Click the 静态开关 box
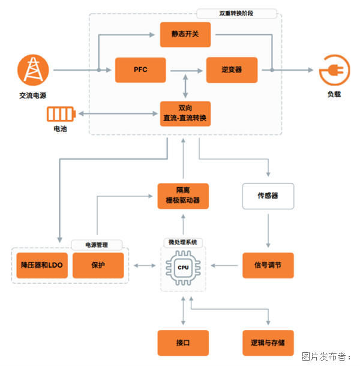pos(185,34)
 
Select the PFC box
pos(140,70)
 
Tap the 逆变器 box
pos(231,70)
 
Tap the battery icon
pos(61,113)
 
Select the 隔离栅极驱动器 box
pos(183,196)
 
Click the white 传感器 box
pos(268,196)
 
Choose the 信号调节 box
pos(268,265)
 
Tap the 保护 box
pos(98,265)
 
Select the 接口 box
pos(183,343)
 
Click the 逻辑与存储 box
pos(268,343)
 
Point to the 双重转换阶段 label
pos(236,13)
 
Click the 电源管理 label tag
pos(97,245)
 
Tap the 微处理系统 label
pos(183,242)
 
